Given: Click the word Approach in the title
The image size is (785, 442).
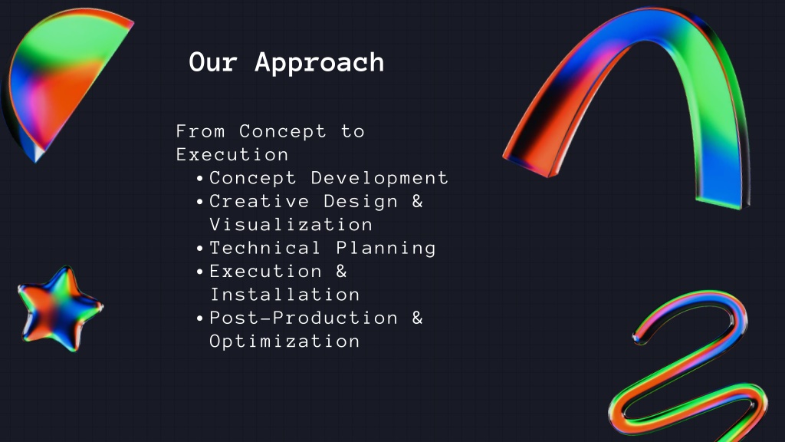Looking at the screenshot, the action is point(320,64).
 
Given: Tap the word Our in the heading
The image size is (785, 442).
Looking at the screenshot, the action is point(213,62).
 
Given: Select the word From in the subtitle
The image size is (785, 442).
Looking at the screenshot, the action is point(200,131).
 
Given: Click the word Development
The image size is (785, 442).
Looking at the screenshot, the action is point(379,178).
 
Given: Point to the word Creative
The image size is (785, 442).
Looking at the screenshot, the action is point(259,202).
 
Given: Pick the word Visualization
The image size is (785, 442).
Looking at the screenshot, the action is point(291,225).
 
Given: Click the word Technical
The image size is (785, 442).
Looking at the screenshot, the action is point(264,248).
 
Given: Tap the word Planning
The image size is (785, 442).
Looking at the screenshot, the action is point(386,249).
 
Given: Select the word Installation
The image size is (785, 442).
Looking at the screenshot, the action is point(285,294).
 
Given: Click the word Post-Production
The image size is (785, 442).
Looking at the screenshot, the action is point(304,318).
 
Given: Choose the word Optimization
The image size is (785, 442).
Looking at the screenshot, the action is point(284,341).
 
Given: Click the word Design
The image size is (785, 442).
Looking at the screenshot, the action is point(360,202).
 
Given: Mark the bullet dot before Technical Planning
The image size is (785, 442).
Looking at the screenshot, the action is point(200,249).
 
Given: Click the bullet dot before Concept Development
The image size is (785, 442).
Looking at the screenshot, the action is point(200,178).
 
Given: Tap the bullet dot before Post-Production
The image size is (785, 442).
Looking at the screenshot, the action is point(200,318).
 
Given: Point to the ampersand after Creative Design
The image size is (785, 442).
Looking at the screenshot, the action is point(418,202).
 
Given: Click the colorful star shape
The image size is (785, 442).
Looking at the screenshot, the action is point(60,308).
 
